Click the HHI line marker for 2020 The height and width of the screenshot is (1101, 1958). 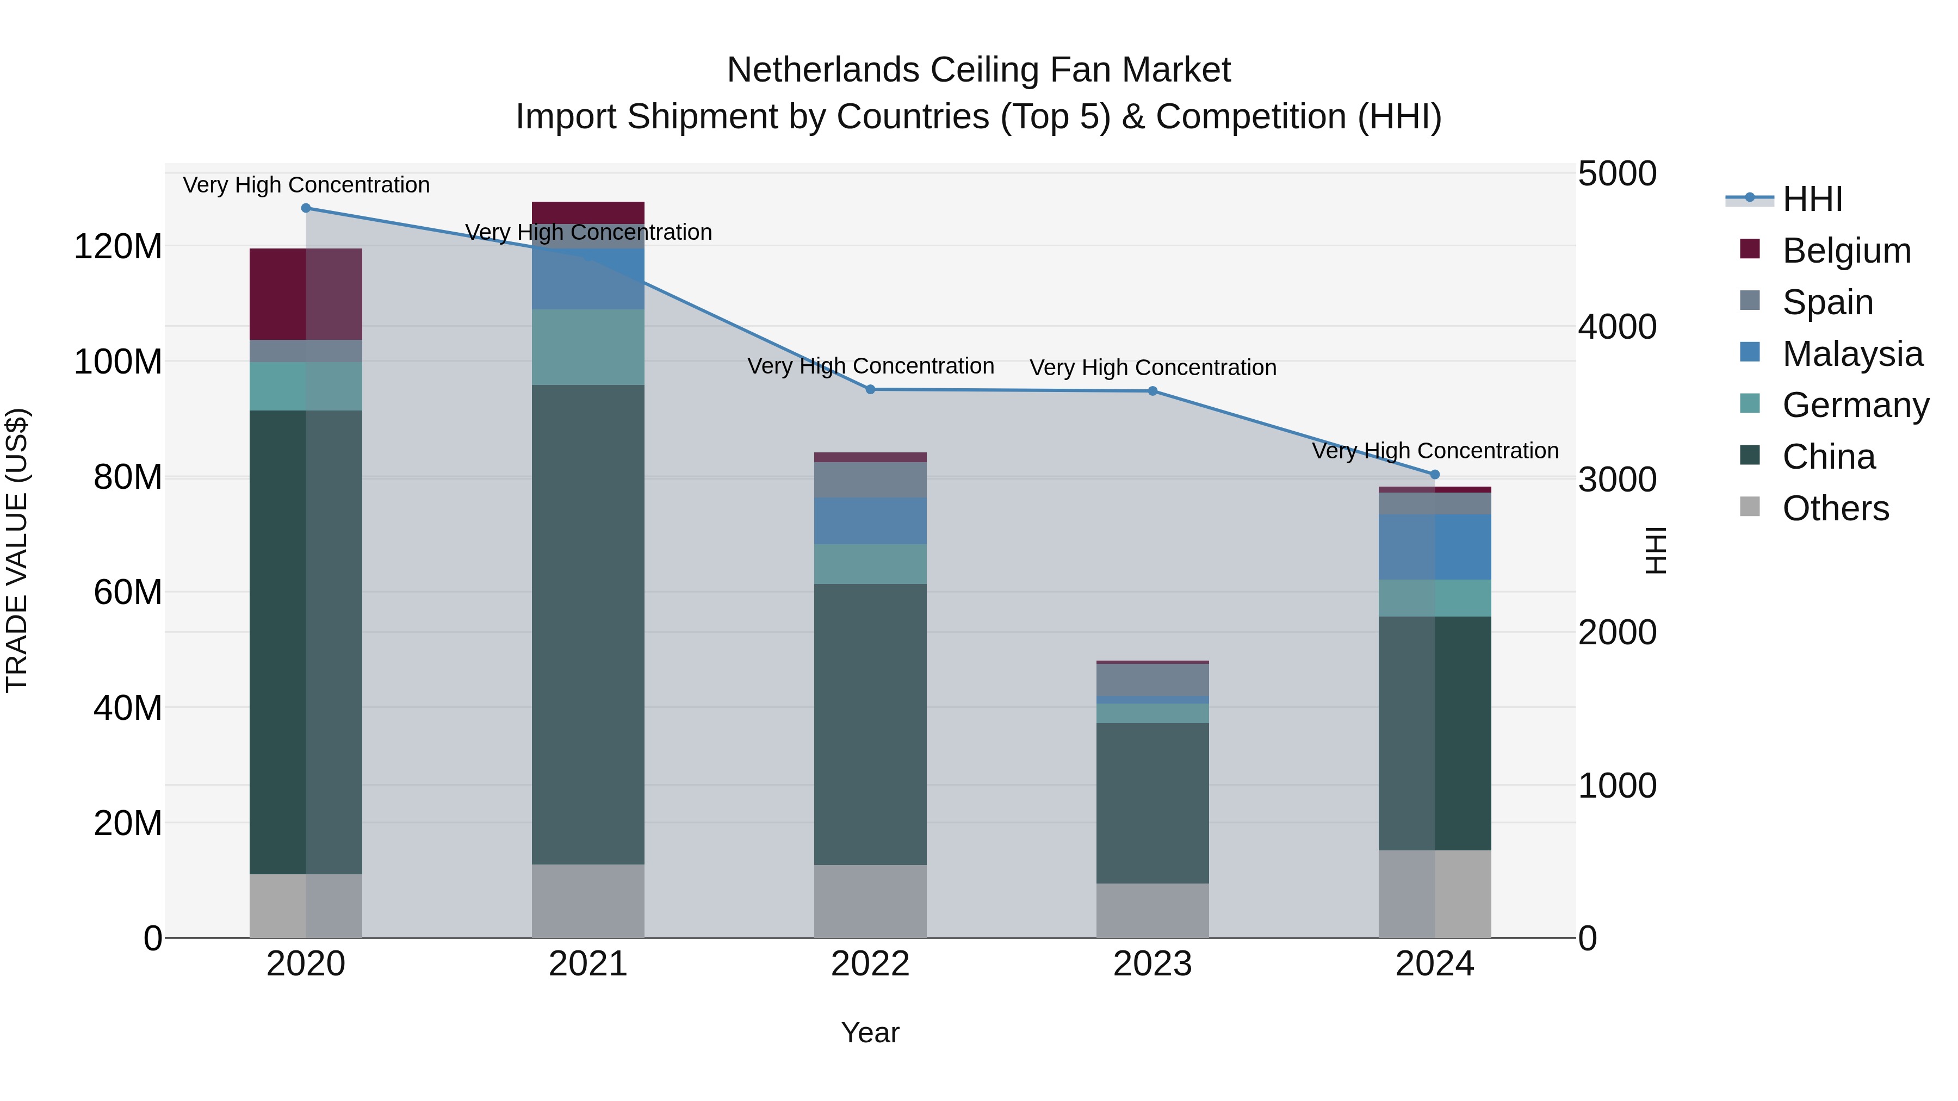pyautogui.click(x=306, y=208)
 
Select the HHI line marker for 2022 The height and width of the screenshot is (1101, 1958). pyautogui.click(x=870, y=390)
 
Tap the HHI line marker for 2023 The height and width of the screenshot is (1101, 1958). pyautogui.click(x=1153, y=391)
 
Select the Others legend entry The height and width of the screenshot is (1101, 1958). pyautogui.click(x=1836, y=508)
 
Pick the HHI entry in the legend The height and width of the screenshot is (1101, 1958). pyautogui.click(x=1812, y=199)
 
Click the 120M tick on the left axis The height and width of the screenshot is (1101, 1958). pyautogui.click(x=118, y=247)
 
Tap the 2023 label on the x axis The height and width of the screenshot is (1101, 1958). pyautogui.click(x=1153, y=964)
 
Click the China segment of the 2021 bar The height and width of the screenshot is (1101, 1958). pyautogui.click(x=587, y=623)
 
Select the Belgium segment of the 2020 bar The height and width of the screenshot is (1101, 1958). pyautogui.click(x=306, y=294)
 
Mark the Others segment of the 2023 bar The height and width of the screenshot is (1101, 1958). pyautogui.click(x=1153, y=910)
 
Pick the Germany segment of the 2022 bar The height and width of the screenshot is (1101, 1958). pyautogui.click(x=870, y=564)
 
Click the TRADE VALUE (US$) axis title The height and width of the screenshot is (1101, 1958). pyautogui.click(x=17, y=550)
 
